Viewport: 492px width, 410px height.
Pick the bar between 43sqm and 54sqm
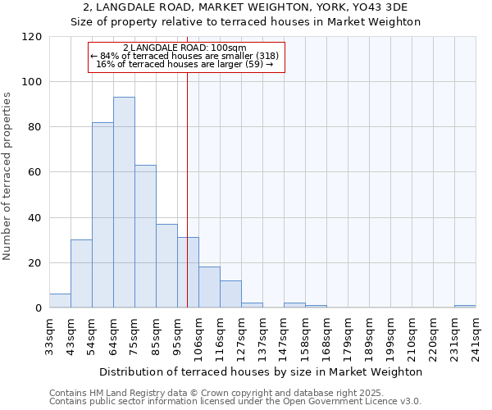(81, 274)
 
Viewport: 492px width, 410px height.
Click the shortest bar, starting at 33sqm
(60, 301)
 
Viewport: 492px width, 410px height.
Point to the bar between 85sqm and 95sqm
(166, 266)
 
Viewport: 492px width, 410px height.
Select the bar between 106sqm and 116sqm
(209, 287)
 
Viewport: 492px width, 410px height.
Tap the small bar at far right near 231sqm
(465, 306)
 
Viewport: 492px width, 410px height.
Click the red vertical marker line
(188, 180)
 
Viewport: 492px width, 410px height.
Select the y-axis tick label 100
(31, 82)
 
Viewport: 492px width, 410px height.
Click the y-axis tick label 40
(34, 218)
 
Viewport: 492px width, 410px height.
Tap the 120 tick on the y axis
(31, 37)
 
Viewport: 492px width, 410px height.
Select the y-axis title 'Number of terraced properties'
(8, 176)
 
